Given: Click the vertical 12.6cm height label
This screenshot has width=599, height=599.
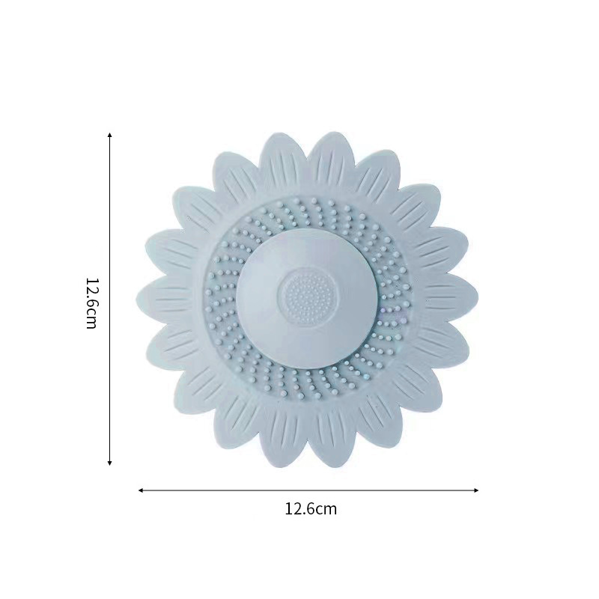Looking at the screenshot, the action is click(91, 302).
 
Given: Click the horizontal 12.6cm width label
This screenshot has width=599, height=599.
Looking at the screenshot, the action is click(311, 509).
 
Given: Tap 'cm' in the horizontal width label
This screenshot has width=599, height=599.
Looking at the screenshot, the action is click(326, 511).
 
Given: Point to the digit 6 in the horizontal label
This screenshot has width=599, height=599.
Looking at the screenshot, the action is click(310, 509).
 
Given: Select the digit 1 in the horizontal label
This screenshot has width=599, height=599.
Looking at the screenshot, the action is click(288, 509).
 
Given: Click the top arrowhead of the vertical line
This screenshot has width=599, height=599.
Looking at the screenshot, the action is click(109, 136).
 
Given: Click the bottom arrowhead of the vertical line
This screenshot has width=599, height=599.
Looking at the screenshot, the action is click(109, 463).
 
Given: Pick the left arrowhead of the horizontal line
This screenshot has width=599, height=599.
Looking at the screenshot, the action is click(141, 490).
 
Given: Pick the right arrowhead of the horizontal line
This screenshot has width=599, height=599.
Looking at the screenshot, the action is click(475, 490).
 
